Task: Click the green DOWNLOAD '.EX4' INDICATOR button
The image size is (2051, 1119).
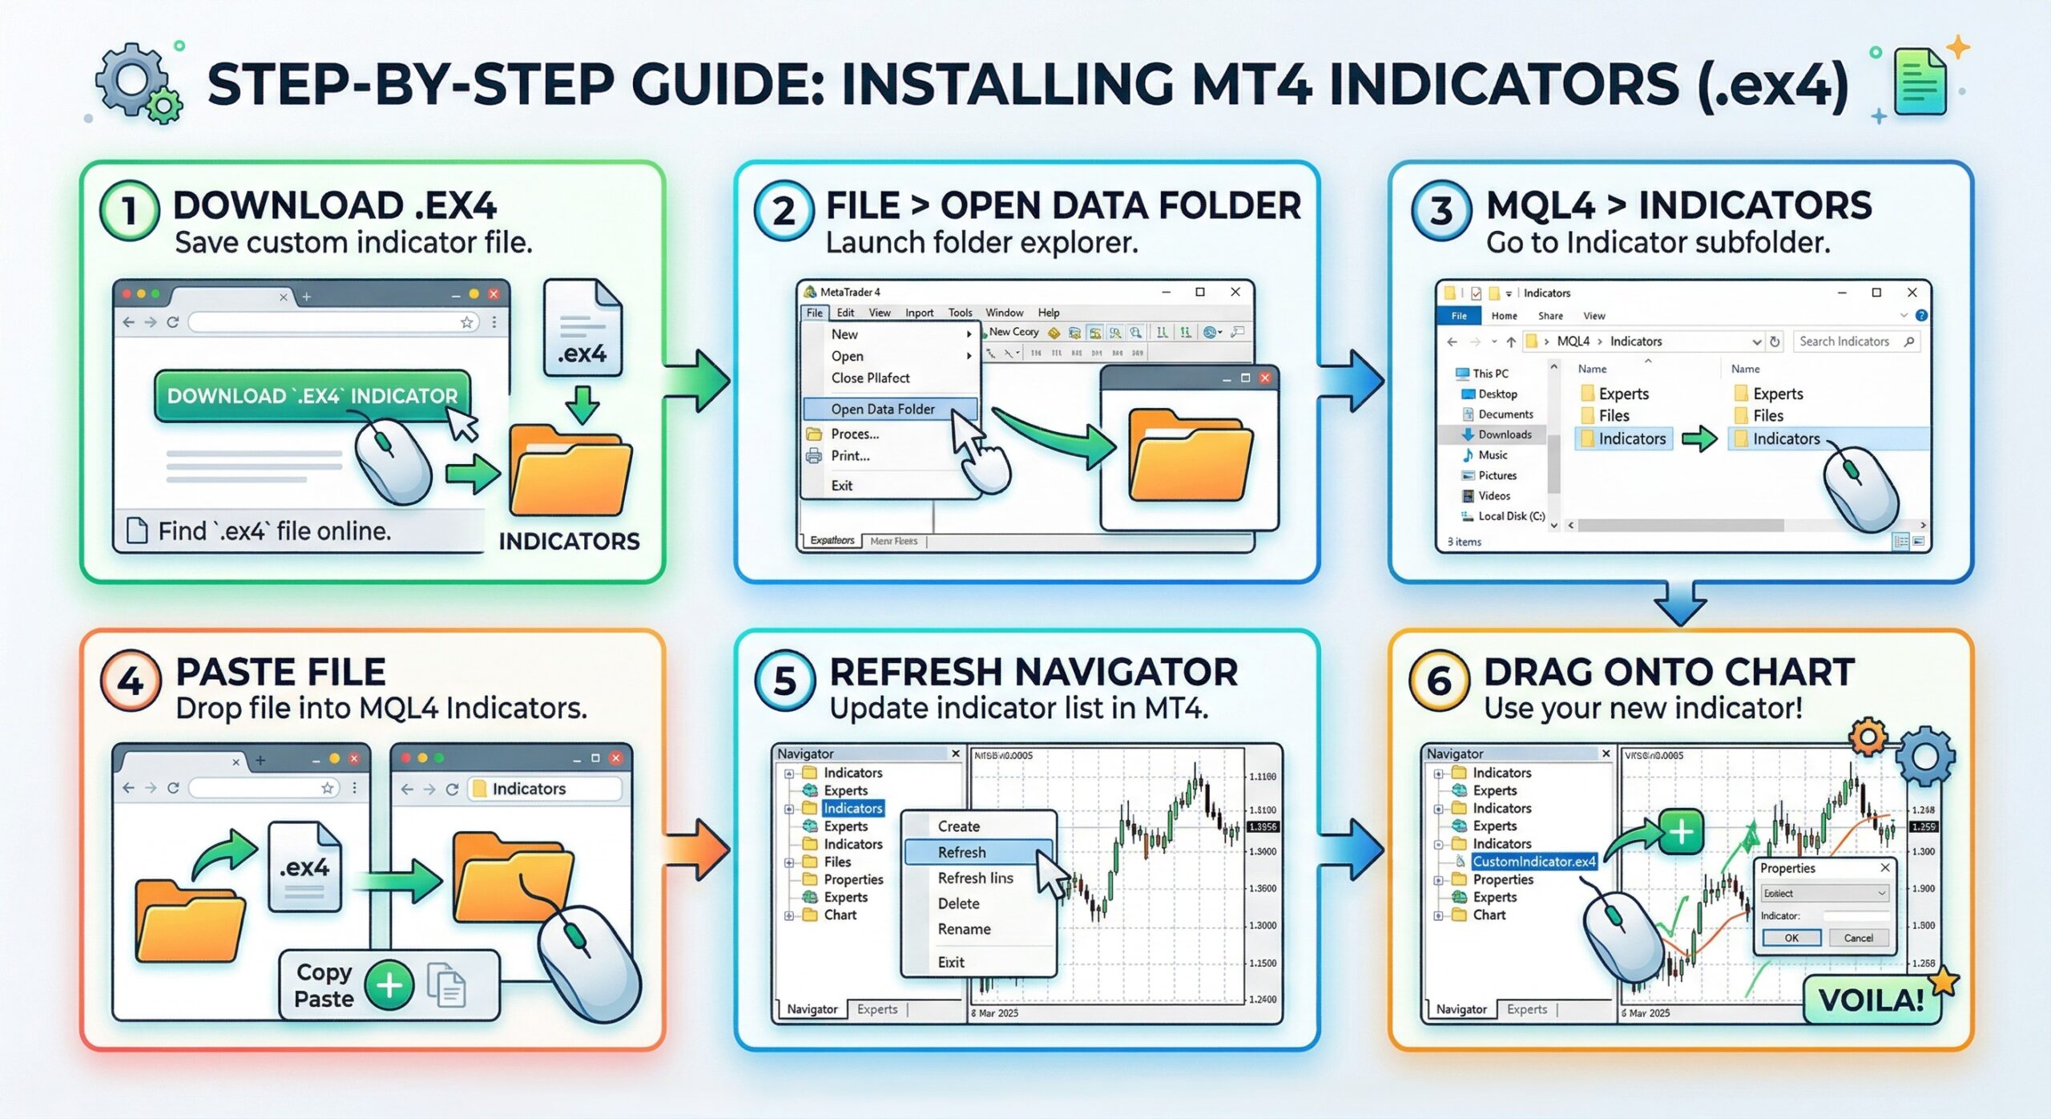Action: click(x=312, y=395)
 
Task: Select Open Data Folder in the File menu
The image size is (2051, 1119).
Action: click(x=882, y=409)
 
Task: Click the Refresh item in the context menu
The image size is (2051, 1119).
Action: click(x=961, y=852)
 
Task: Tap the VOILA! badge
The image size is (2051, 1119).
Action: click(x=1871, y=1000)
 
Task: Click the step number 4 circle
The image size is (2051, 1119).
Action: click(x=131, y=681)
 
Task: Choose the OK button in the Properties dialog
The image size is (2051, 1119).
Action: click(x=1791, y=938)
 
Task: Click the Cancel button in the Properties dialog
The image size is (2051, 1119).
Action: click(x=1858, y=938)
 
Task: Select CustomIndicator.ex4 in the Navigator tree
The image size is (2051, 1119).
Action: click(x=1533, y=862)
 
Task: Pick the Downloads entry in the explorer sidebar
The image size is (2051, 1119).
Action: click(x=1504, y=434)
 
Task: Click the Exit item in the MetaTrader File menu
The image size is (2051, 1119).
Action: click(x=841, y=485)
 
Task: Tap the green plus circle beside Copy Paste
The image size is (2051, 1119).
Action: click(x=389, y=986)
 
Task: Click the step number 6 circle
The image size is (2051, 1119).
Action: click(x=1439, y=681)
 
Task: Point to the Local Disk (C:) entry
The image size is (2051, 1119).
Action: click(x=1510, y=516)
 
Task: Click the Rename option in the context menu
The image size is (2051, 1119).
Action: click(x=964, y=929)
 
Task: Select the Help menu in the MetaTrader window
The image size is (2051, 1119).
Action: click(x=1048, y=313)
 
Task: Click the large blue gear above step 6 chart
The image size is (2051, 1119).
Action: click(x=1925, y=756)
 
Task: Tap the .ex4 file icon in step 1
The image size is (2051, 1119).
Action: click(x=582, y=329)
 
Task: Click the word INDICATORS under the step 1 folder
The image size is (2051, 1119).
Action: click(x=569, y=541)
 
